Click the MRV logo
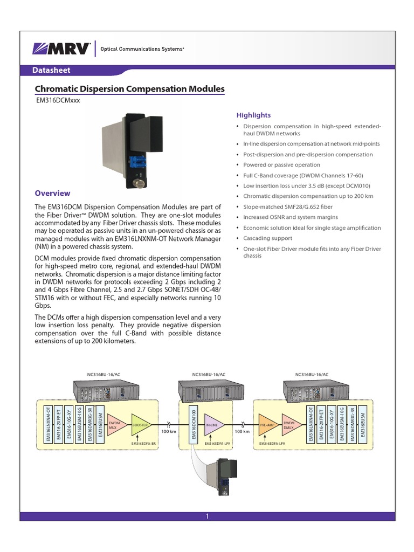[60, 48]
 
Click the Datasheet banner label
[51, 70]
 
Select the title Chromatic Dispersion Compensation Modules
[129, 89]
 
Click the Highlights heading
[253, 115]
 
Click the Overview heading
[52, 193]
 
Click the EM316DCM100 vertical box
[194, 425]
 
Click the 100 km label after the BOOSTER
[169, 432]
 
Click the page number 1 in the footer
[206, 516]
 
